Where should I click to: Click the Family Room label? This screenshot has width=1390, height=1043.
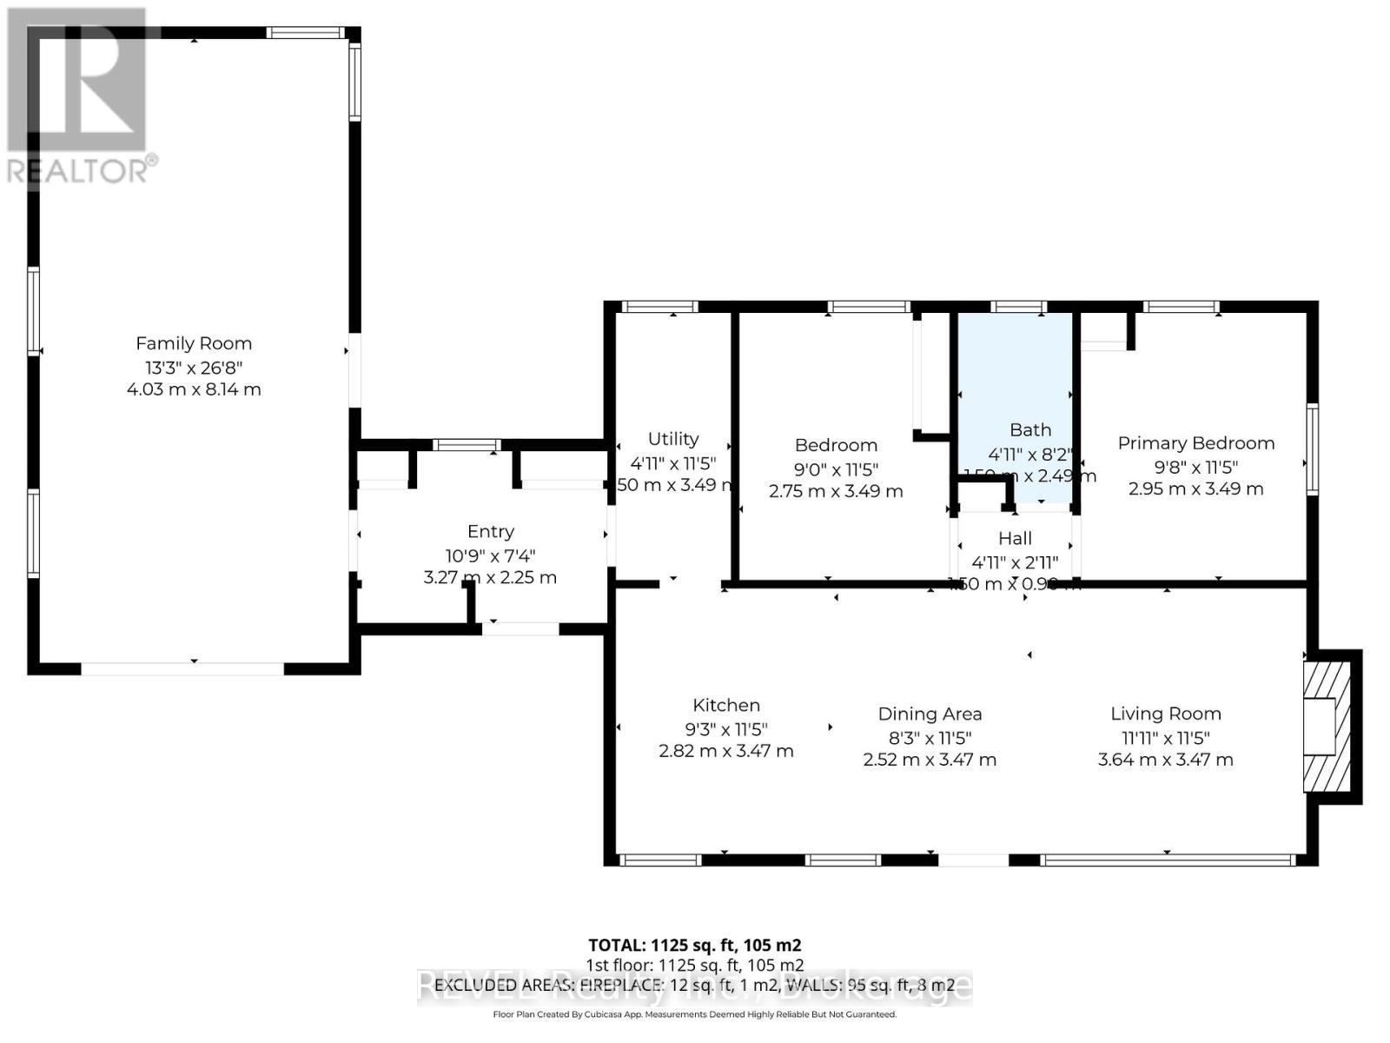pyautogui.click(x=193, y=343)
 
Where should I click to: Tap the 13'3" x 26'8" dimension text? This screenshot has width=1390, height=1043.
pyautogui.click(x=193, y=367)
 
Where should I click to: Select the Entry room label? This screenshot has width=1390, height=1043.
pyautogui.click(x=490, y=531)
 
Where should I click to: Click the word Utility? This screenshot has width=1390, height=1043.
pyautogui.click(x=672, y=439)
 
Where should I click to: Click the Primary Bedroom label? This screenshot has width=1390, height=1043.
pyautogui.click(x=1195, y=443)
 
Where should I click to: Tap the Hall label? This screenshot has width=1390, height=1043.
pyautogui.click(x=1015, y=539)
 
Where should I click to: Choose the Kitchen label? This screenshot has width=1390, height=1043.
pyautogui.click(x=725, y=706)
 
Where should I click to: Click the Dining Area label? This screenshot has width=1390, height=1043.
pyautogui.click(x=930, y=714)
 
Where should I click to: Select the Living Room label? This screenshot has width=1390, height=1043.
pyautogui.click(x=1165, y=714)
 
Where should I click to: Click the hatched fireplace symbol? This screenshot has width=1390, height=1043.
pyautogui.click(x=1327, y=727)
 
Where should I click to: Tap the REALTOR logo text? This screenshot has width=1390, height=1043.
pyautogui.click(x=82, y=169)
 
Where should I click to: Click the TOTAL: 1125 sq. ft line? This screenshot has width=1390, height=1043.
pyautogui.click(x=694, y=945)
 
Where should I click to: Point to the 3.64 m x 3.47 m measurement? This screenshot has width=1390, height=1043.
pyautogui.click(x=1165, y=760)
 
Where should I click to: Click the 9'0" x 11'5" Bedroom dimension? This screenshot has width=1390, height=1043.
pyautogui.click(x=836, y=469)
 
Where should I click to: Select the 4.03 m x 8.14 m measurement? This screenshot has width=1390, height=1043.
pyautogui.click(x=193, y=389)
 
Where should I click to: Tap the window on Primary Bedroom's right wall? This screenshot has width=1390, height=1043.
pyautogui.click(x=1312, y=449)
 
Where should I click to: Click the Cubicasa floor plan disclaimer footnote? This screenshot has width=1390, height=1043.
pyautogui.click(x=694, y=1014)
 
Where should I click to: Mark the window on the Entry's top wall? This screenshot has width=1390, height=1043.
pyautogui.click(x=467, y=445)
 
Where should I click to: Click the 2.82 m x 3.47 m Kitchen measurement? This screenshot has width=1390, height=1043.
pyautogui.click(x=725, y=751)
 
